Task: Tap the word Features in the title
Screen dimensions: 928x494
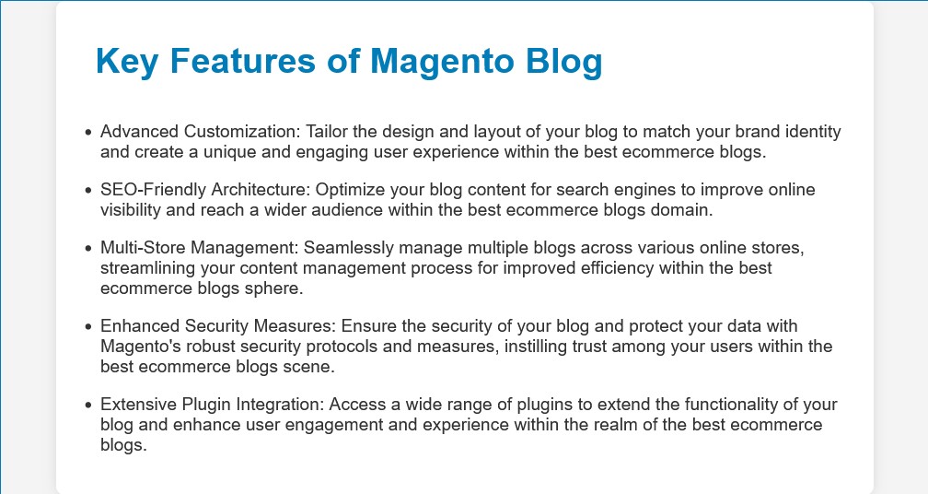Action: point(243,61)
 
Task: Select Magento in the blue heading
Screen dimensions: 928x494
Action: point(442,61)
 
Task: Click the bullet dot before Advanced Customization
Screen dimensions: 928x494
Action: point(88,132)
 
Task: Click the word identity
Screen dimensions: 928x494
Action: point(813,132)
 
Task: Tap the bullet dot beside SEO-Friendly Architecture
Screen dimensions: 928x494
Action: point(88,190)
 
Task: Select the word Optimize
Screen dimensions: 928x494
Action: point(350,190)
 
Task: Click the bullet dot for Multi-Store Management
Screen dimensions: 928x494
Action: point(88,248)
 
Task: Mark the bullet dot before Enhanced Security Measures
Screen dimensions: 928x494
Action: point(88,326)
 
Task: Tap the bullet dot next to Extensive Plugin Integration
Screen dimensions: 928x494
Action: point(88,405)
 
